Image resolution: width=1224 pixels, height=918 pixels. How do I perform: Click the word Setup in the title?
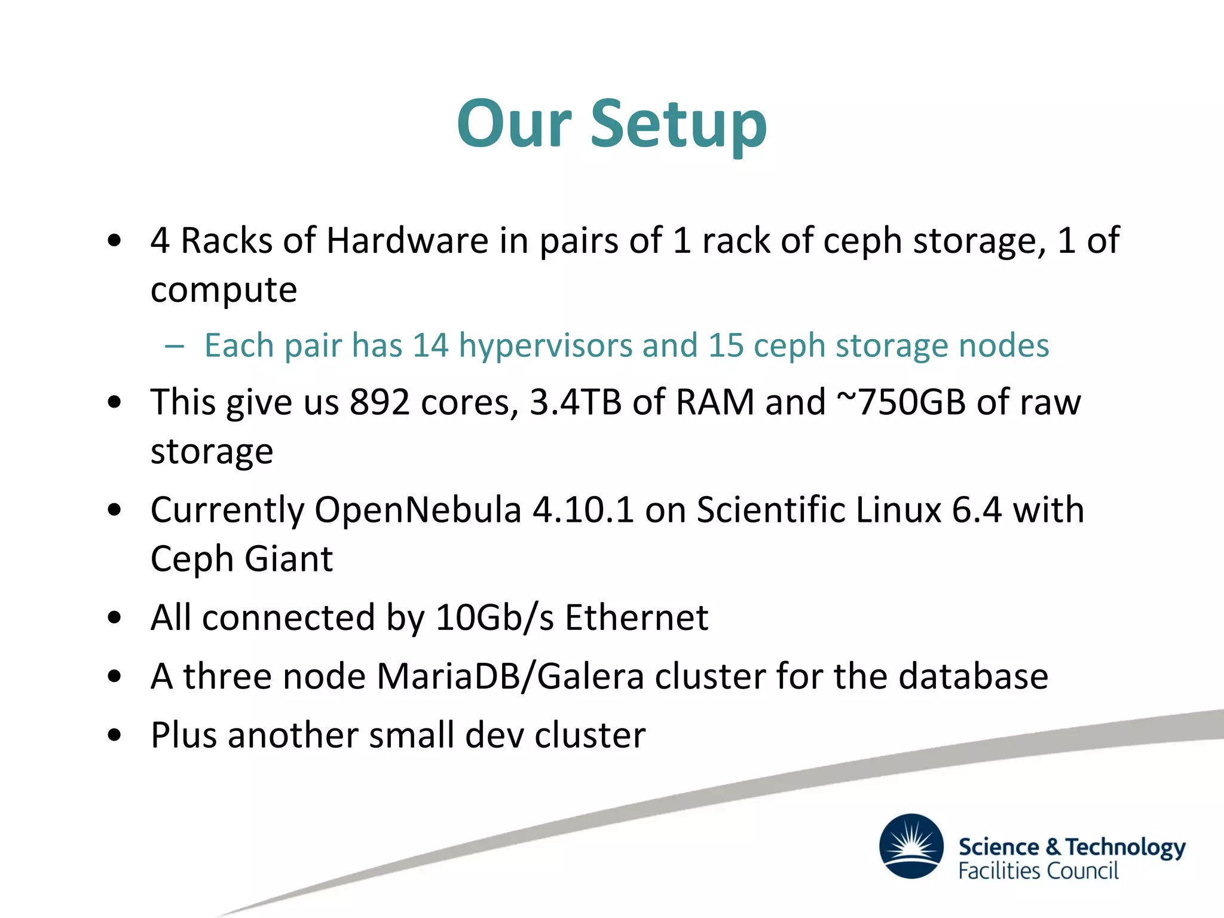(678, 124)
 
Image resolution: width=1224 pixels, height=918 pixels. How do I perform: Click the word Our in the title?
(514, 124)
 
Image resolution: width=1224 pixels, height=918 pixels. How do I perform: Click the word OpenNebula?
(418, 510)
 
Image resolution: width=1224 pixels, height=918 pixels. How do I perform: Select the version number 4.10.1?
(583, 510)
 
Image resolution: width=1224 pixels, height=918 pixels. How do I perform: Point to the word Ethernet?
(637, 617)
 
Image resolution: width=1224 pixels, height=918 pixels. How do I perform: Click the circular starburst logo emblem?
(911, 846)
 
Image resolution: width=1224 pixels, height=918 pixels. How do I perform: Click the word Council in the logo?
(1083, 871)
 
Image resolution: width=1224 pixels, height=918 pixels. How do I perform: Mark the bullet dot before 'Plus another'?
(114, 735)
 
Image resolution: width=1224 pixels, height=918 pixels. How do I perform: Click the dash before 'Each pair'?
(174, 346)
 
